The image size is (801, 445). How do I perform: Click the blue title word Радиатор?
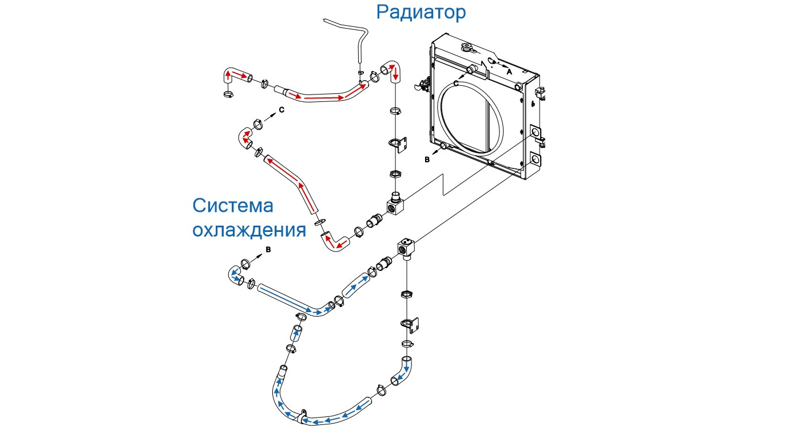pos(421,12)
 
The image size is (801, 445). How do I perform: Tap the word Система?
pos(233,206)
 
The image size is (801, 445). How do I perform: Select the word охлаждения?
pos(248,230)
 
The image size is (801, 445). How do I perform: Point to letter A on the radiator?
pos(509,72)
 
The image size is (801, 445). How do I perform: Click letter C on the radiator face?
pos(456,84)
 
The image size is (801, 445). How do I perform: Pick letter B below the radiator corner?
pos(427,160)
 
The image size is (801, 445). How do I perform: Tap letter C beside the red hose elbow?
pos(281,109)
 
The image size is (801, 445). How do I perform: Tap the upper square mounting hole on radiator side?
pos(536,133)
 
